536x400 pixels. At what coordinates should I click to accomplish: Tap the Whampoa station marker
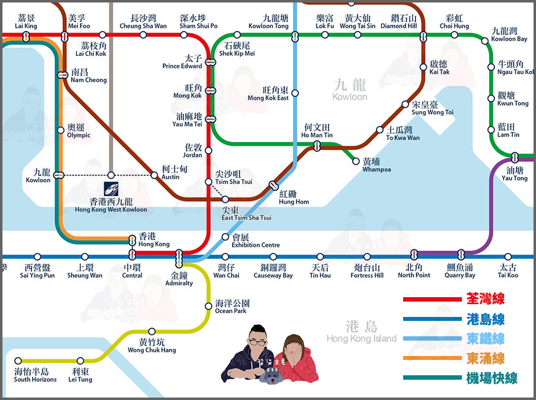356,161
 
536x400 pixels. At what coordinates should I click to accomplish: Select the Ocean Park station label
232,307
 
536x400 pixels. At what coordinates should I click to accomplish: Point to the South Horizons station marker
18,361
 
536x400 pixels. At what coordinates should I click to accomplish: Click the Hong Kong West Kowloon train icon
111,189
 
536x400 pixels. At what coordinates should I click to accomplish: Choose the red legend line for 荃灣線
432,299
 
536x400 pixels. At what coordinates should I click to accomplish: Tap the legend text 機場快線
492,379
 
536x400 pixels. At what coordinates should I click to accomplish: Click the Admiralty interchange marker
179,256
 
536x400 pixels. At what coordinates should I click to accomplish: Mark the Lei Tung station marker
81,361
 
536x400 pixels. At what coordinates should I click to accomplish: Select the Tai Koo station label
508,271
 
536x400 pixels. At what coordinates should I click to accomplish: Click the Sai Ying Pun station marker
37,257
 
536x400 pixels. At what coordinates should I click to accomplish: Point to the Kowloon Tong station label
268,22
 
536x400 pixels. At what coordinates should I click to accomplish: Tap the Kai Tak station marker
423,67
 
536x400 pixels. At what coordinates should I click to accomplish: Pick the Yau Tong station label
514,174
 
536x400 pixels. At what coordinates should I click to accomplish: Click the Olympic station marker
61,131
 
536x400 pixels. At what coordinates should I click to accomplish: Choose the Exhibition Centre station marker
225,237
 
